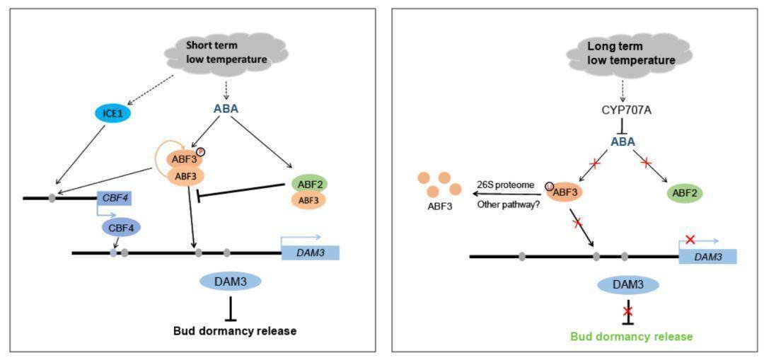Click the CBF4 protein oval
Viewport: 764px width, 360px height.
pyautogui.click(x=121, y=227)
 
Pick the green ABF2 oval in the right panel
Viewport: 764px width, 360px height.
pyautogui.click(x=683, y=192)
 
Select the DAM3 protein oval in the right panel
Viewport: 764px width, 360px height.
pyautogui.click(x=629, y=285)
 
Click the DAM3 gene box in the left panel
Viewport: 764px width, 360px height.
pyautogui.click(x=310, y=252)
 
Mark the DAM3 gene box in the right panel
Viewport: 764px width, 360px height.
pyautogui.click(x=708, y=256)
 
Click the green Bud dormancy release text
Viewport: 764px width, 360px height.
pyautogui.click(x=631, y=337)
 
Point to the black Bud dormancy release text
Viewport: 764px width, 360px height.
pyautogui.click(x=235, y=330)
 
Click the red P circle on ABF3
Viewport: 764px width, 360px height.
pyautogui.click(x=200, y=151)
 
